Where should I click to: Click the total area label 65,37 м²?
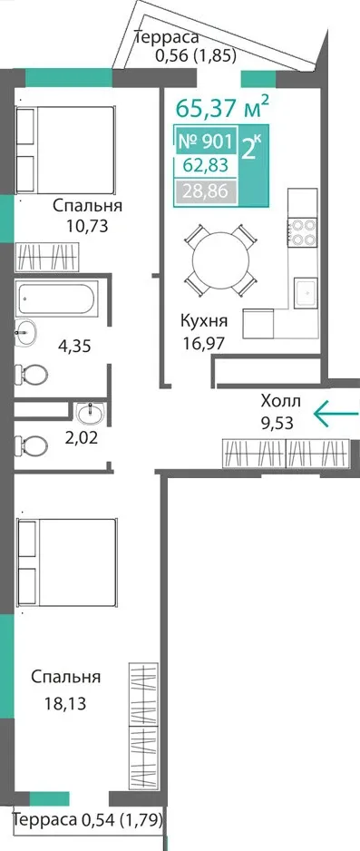pos(222,107)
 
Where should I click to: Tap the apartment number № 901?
pos(206,142)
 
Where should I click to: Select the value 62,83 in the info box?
pos(205,165)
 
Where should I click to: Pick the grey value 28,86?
pos(205,191)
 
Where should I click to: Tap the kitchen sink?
pos(306,293)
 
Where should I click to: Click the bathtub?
pos(57,298)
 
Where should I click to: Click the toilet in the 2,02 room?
pos(31,446)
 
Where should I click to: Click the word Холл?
pos(280,402)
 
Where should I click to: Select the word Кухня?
pos(204,321)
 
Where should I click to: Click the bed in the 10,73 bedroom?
pos(65,150)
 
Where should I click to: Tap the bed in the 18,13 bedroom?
pos(67,562)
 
